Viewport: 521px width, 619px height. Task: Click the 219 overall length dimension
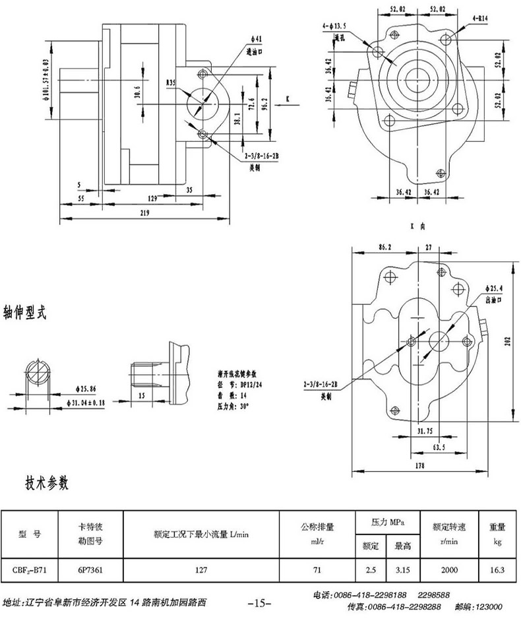tap(144, 212)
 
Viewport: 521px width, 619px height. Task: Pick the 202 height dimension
tap(507, 341)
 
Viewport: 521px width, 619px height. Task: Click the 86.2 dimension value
tap(385, 246)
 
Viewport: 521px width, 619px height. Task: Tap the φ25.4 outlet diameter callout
tap(494, 289)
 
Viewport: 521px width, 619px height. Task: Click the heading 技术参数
tap(47, 483)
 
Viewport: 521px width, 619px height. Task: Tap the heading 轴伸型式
tap(26, 312)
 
